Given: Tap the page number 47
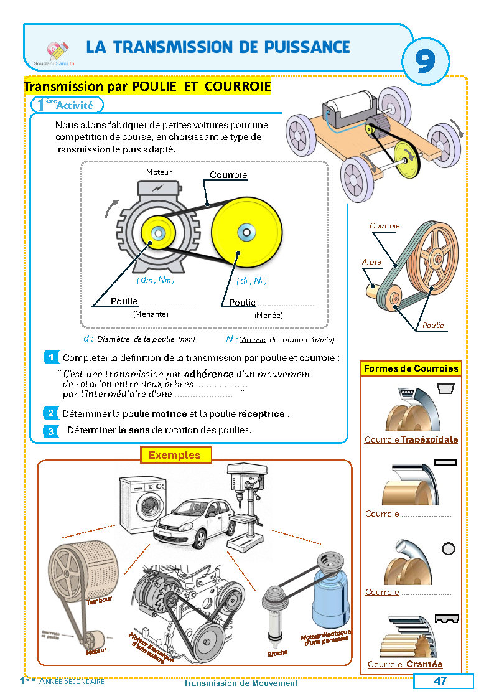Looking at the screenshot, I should pyautogui.click(x=440, y=681).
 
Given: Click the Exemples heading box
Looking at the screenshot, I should pyautogui.click(x=175, y=455).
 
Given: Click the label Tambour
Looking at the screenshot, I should pyautogui.click(x=99, y=601).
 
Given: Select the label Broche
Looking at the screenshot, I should pyautogui.click(x=277, y=654).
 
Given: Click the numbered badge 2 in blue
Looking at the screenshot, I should pyautogui.click(x=51, y=413).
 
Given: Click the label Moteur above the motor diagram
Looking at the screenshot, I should pyautogui.click(x=159, y=172).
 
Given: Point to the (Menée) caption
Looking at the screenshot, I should pyautogui.click(x=268, y=316).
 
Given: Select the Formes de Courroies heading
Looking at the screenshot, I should pyautogui.click(x=411, y=368).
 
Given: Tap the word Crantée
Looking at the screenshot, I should pyautogui.click(x=424, y=664).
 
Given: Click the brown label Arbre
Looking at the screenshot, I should pyautogui.click(x=371, y=263).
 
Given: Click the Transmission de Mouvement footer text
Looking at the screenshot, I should pyautogui.click(x=240, y=683).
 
